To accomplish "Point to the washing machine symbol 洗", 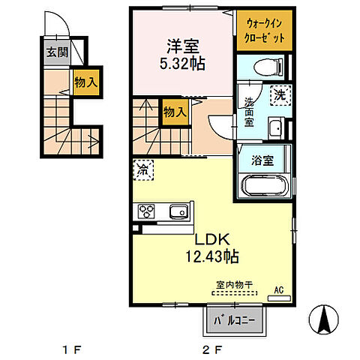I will tap(278, 96).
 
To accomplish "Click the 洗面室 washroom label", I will tap(248, 112).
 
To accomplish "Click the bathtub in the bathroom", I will tap(265, 184).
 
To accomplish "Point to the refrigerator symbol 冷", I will tap(142, 170).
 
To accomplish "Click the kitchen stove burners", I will tap(144, 211).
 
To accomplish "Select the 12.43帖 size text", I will tap(212, 257).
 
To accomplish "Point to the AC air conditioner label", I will tap(278, 289).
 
